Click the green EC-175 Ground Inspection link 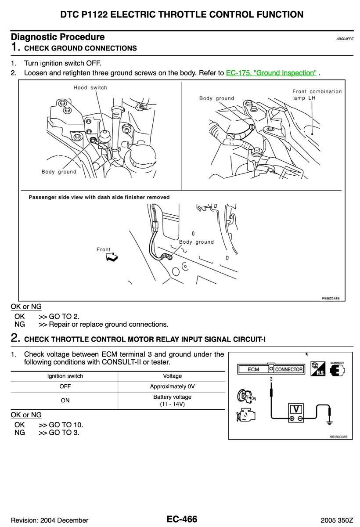271,73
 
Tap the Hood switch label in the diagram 90,88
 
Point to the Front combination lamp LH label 317,94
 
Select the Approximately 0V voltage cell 172,386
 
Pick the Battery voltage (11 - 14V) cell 172,400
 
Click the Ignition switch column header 65,376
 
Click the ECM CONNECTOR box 270,369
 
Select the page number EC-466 182,520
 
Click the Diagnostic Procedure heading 58,37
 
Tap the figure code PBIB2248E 330,298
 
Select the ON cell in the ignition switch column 65,400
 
